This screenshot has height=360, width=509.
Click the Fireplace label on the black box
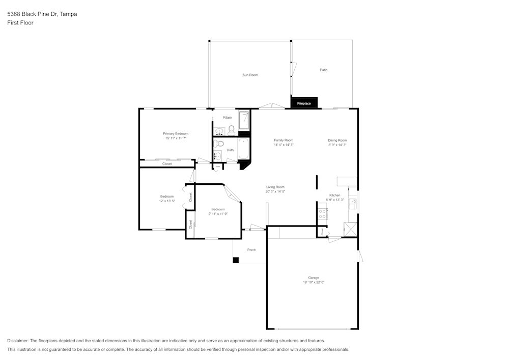[x=304, y=103]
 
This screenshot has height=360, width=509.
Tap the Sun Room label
[x=250, y=75]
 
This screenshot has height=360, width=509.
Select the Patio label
[x=323, y=70]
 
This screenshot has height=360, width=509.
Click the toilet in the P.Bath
[x=231, y=130]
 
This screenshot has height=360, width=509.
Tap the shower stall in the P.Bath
[x=244, y=120]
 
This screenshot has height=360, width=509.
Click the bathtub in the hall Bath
[x=244, y=149]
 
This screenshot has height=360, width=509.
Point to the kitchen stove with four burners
[x=322, y=213]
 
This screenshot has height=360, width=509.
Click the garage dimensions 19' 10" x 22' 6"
[x=314, y=282]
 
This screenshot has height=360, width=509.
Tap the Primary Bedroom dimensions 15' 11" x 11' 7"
[x=176, y=139]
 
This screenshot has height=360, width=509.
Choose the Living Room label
[x=275, y=187]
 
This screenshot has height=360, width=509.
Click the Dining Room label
[x=337, y=140]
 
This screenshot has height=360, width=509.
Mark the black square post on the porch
[x=236, y=260]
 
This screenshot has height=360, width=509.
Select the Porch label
[x=251, y=250]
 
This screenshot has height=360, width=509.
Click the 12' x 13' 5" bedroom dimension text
[x=167, y=201]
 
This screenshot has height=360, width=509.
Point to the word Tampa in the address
[x=68, y=14]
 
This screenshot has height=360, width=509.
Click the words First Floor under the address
[x=20, y=23]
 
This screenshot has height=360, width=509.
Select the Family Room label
[x=284, y=140]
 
